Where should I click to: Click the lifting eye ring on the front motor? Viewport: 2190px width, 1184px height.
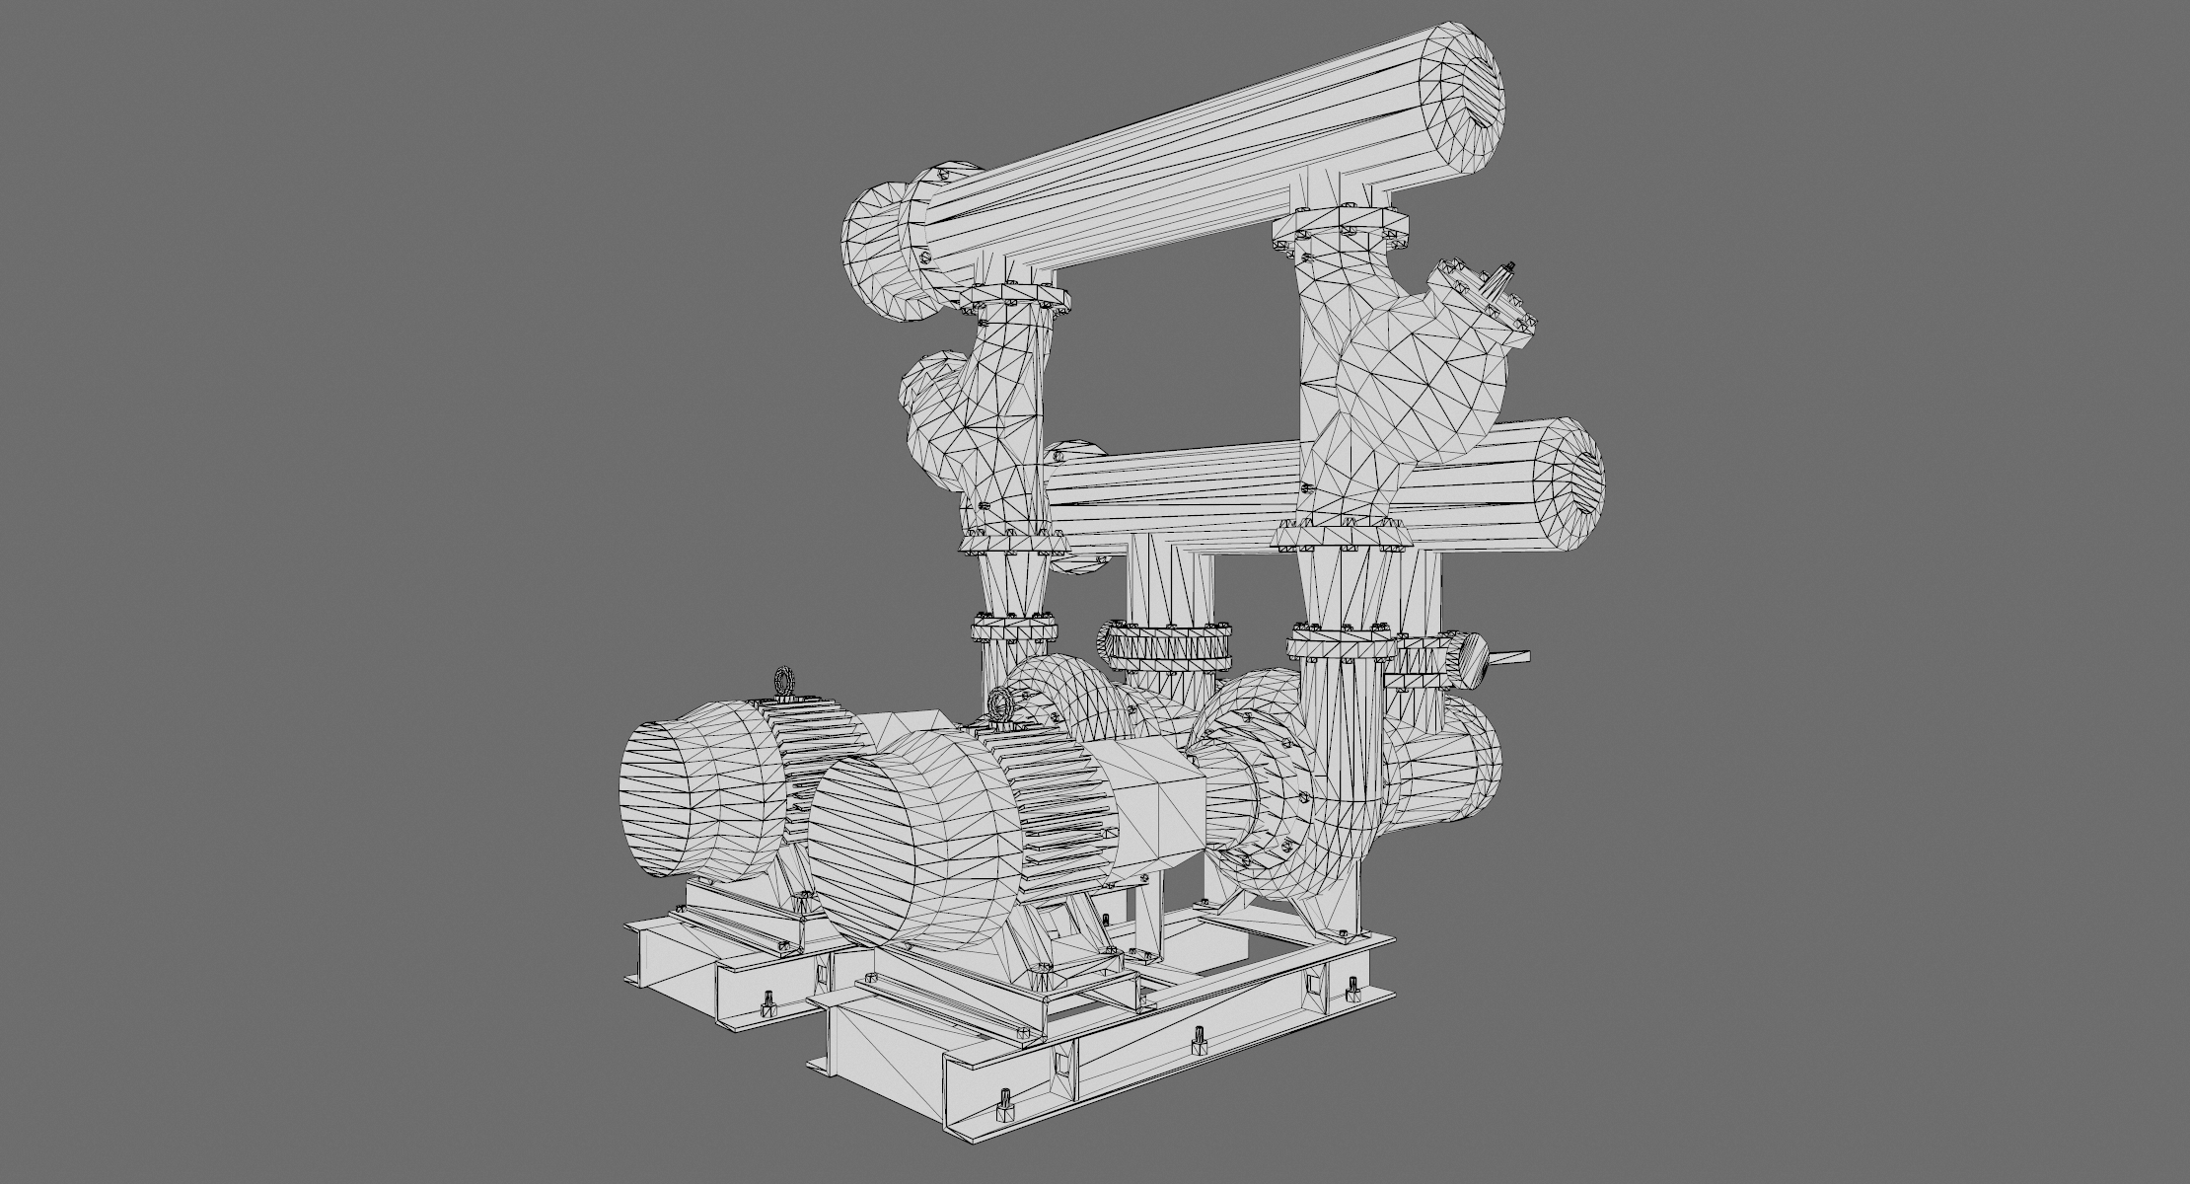point(1003,703)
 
